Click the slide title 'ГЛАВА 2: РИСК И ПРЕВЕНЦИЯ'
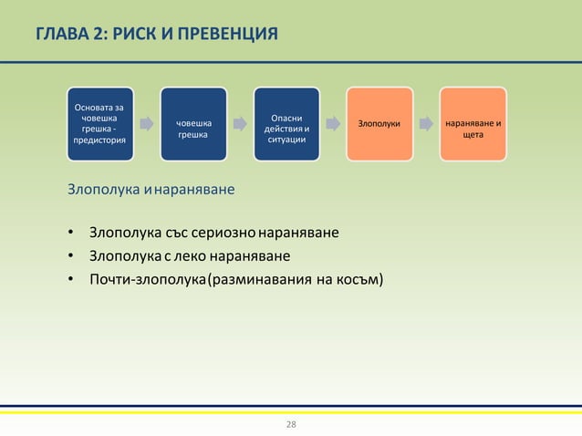point(156,36)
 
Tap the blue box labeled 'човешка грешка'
point(193,124)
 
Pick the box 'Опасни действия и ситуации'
point(286,124)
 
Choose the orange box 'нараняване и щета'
point(473,124)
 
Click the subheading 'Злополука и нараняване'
point(151,191)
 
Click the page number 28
point(291,425)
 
